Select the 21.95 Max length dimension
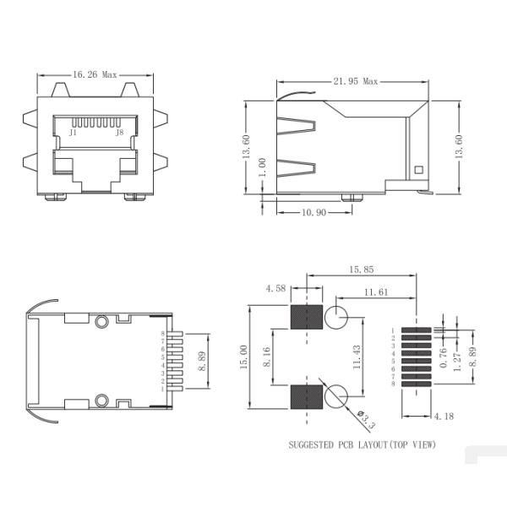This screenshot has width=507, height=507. [x=355, y=81]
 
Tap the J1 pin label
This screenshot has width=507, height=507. [x=74, y=133]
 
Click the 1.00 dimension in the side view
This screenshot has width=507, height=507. [x=263, y=167]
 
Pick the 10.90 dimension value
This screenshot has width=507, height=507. [x=314, y=212]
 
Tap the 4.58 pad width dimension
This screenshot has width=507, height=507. [x=275, y=288]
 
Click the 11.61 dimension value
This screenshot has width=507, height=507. [x=377, y=292]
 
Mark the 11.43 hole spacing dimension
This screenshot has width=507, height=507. [x=357, y=356]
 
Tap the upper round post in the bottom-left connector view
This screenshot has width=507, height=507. [x=102, y=321]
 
